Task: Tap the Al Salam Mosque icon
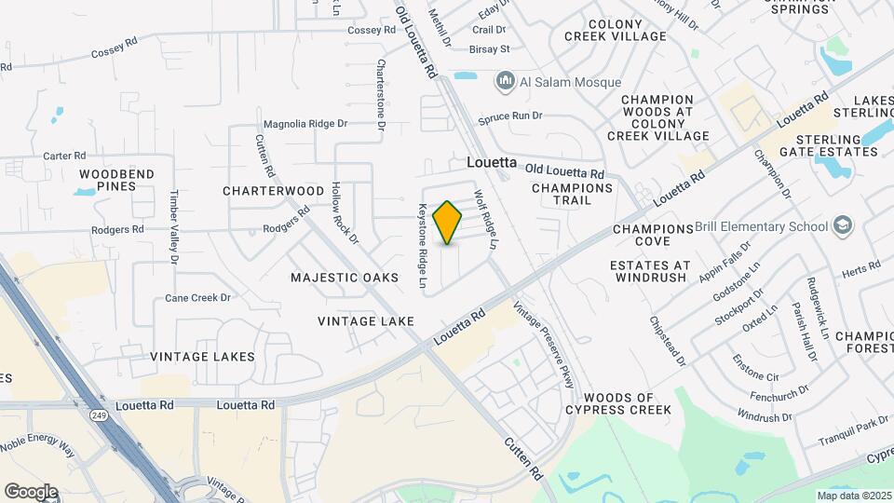pyautogui.click(x=506, y=82)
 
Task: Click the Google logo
pyautogui.click(x=31, y=491)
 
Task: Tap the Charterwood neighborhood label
pyautogui.click(x=273, y=191)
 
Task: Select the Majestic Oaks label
pyautogui.click(x=344, y=278)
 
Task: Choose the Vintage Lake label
pyautogui.click(x=366, y=321)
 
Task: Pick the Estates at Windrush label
pyautogui.click(x=651, y=271)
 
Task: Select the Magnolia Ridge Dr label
pyautogui.click(x=305, y=123)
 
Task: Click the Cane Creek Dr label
pyautogui.click(x=197, y=298)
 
